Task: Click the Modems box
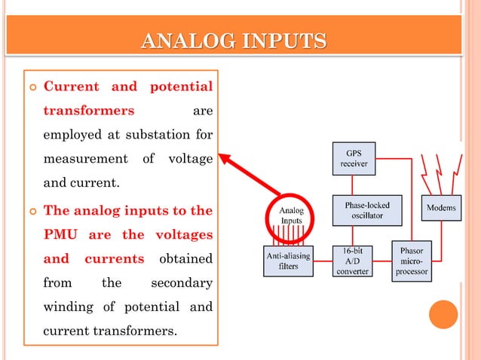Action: tap(441, 208)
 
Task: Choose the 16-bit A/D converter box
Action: tap(353, 261)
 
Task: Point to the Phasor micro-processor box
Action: tap(412, 261)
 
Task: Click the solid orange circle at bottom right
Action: tap(443, 315)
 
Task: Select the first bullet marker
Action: tap(31, 86)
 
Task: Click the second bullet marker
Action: tap(31, 211)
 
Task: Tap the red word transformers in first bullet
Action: tap(89, 111)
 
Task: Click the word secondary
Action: tap(182, 283)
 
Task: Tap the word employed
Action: tap(71, 135)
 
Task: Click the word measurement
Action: tap(85, 160)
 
